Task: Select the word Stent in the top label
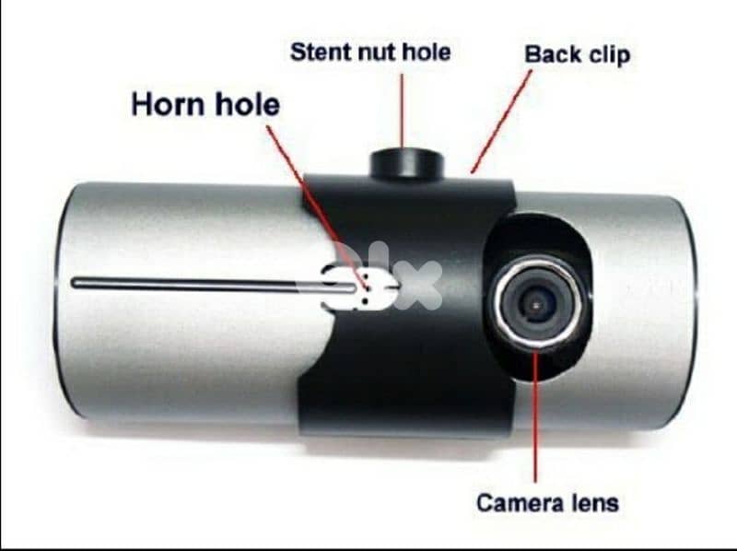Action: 319,52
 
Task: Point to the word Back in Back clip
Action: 551,54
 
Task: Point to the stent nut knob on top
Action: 406,163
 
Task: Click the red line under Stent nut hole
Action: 402,111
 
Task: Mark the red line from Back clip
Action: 502,120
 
